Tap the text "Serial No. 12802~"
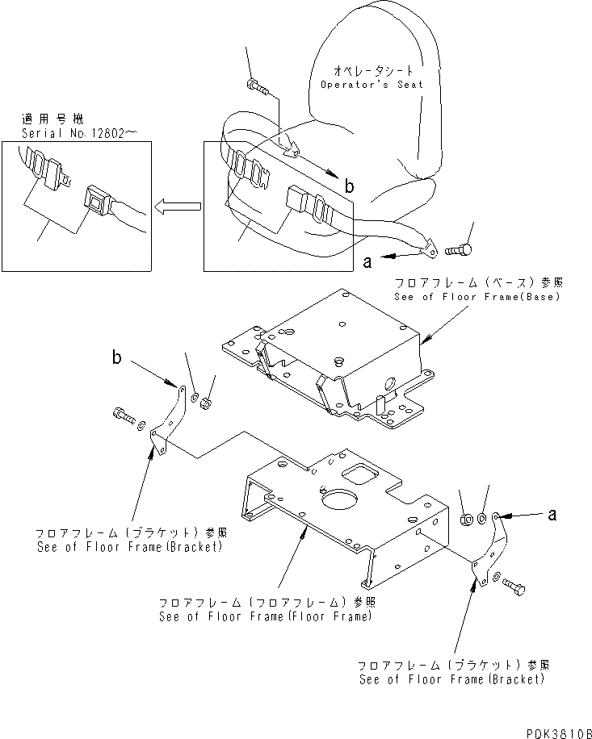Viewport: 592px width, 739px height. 73,133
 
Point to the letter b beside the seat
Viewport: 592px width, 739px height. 349,186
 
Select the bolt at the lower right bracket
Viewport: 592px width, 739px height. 514,587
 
